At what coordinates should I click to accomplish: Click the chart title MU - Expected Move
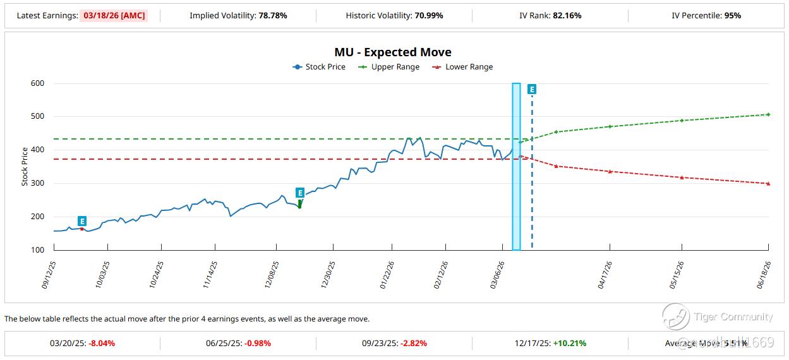(x=393, y=52)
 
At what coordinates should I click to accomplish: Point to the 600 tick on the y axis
(x=38, y=83)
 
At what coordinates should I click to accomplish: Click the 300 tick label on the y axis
(x=38, y=183)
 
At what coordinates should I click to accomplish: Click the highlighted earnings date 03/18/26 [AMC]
(x=114, y=15)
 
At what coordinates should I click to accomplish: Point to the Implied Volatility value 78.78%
(x=273, y=15)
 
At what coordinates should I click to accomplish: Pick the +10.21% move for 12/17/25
(x=569, y=344)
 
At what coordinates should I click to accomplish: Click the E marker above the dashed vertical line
(x=532, y=90)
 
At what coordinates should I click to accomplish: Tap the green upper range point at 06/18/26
(x=768, y=114)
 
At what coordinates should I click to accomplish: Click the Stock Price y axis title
(x=25, y=167)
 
